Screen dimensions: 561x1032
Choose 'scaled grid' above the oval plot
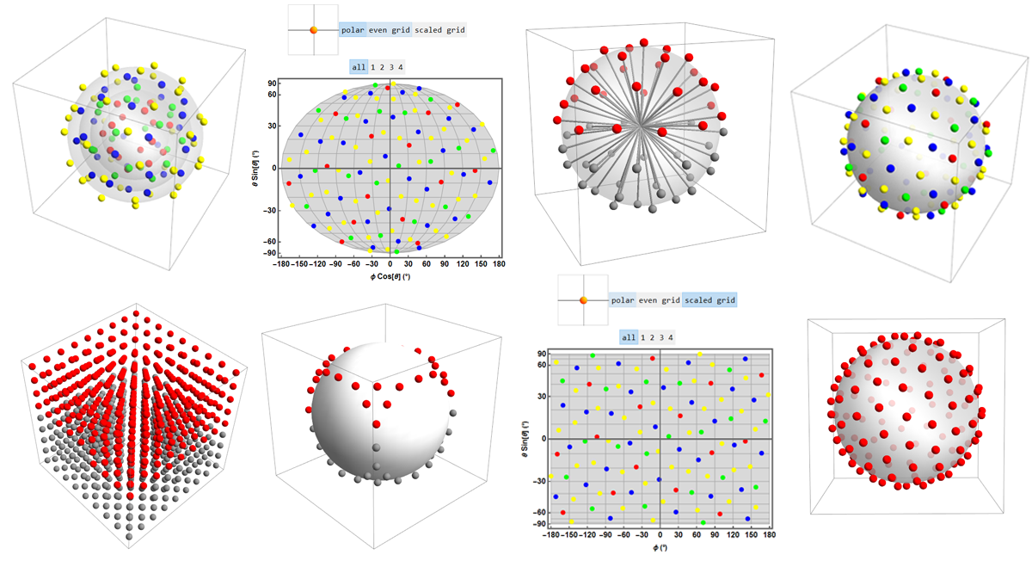[440, 29]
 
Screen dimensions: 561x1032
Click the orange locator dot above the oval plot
[314, 29]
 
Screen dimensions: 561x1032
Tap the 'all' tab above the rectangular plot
[629, 337]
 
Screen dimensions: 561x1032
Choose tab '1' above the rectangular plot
[643, 337]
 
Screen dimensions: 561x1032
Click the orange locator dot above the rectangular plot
[584, 300]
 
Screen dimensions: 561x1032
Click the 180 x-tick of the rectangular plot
[769, 534]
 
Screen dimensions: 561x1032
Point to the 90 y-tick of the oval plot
[270, 83]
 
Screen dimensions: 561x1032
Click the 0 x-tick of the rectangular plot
[660, 534]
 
